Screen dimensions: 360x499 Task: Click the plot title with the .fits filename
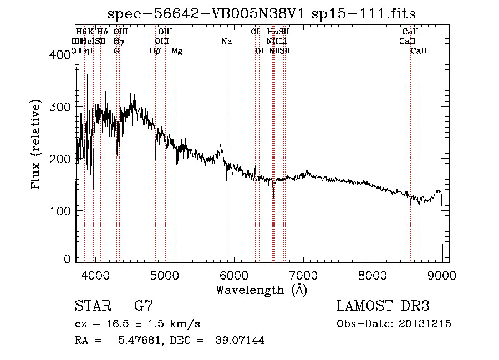coord(262,13)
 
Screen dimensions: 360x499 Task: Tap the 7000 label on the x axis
coord(303,273)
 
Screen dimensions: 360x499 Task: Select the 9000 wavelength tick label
coord(442,273)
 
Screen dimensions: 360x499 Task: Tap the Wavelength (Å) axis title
coord(261,290)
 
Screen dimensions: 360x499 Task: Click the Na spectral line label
coord(226,41)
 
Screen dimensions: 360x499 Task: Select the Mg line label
coord(177,51)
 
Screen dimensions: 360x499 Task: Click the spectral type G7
coord(144,306)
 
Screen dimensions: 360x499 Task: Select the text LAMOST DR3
coord(383,306)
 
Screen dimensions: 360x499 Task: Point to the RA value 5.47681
coord(138,341)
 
